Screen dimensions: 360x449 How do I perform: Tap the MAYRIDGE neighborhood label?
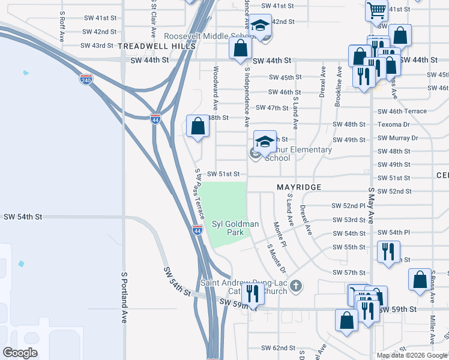299,188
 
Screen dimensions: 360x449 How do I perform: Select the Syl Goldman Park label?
235,228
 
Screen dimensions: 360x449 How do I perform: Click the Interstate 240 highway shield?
86,79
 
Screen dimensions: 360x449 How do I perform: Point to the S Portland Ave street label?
125,296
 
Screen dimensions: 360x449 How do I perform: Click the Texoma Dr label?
394,125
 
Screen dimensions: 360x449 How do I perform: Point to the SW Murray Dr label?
398,138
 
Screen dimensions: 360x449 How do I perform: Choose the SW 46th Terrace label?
402,112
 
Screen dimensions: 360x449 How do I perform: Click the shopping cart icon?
376,9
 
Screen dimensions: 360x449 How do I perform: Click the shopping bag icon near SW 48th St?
197,126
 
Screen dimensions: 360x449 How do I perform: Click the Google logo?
20,353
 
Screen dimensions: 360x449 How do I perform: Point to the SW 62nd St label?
278,348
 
